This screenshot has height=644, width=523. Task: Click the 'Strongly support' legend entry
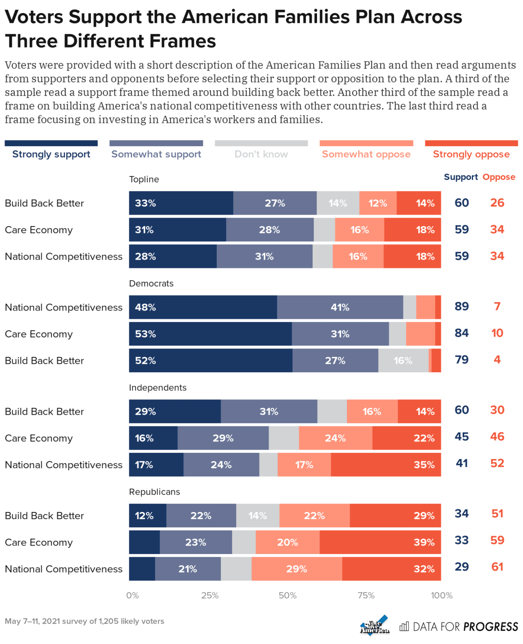[51, 154]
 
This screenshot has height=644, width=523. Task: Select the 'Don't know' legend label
[261, 154]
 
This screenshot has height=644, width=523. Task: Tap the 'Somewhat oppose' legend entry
[366, 154]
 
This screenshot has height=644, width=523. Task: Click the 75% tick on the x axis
[366, 595]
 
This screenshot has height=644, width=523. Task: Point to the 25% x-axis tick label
[210, 595]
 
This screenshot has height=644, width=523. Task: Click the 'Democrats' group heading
[151, 284]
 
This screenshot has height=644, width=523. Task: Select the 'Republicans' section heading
[154, 492]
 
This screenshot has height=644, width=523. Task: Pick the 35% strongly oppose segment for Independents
[386, 465]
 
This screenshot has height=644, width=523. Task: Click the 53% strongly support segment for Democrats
[210, 334]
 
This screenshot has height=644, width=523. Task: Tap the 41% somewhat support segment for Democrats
[340, 307]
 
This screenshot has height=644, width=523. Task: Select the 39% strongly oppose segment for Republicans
[380, 542]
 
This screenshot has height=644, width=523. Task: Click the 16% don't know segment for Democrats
[403, 360]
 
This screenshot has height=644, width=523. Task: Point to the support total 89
[461, 306]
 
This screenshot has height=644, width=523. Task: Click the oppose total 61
[497, 567]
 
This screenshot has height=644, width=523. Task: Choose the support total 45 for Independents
[461, 437]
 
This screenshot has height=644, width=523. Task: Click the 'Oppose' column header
[499, 177]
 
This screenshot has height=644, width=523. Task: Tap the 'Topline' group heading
[144, 179]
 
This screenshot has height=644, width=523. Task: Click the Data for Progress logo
[459, 627]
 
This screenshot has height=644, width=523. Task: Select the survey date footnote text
[84, 621]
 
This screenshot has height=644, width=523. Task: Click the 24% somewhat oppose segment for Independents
[335, 438]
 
